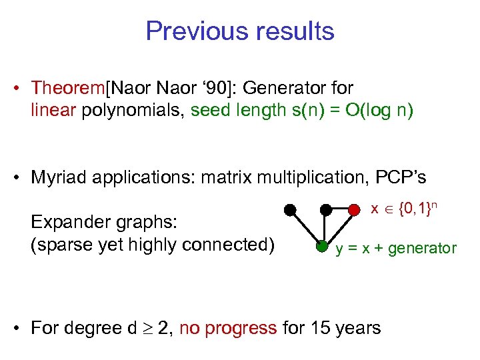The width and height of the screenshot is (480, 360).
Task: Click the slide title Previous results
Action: pos(239,31)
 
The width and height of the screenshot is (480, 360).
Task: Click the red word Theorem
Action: pos(64,88)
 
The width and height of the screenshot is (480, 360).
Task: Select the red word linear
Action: pos(53,111)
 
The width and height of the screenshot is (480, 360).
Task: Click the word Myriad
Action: pos(58,178)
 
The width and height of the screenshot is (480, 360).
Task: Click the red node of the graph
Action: pos(354,210)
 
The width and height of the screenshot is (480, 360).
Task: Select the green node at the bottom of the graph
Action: pos(321,247)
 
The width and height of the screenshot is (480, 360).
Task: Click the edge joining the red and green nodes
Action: pos(338,229)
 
